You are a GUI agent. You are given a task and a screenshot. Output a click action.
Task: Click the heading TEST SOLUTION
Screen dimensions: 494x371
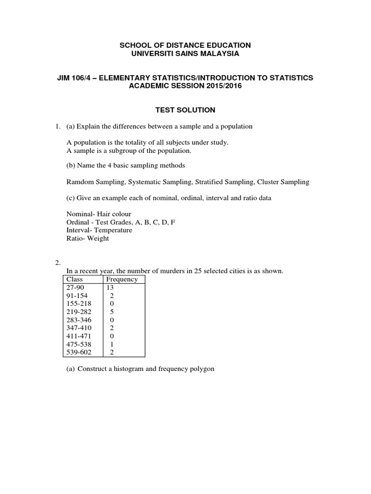pyautogui.click(x=185, y=110)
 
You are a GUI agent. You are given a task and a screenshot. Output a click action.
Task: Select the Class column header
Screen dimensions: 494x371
pyautogui.click(x=75, y=279)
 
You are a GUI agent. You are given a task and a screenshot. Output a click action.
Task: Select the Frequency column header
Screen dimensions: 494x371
pyautogui.click(x=122, y=279)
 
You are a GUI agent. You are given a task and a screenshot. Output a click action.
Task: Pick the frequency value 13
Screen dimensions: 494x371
pyautogui.click(x=112, y=288)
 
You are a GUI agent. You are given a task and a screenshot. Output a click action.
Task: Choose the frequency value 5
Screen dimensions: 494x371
pyautogui.click(x=113, y=312)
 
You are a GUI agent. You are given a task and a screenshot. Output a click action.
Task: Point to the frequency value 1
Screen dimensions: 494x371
pyautogui.click(x=113, y=344)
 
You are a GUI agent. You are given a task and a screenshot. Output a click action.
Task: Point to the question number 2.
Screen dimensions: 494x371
pyautogui.click(x=57, y=263)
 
